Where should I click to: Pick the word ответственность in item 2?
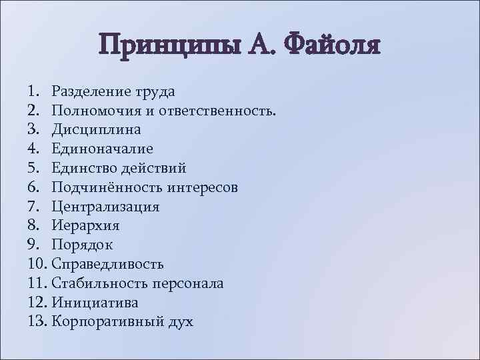click(x=219, y=110)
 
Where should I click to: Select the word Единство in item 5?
click(x=84, y=168)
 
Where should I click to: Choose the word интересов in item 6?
click(x=199, y=187)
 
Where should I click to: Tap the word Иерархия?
click(x=84, y=225)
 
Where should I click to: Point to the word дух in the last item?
click(x=180, y=322)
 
